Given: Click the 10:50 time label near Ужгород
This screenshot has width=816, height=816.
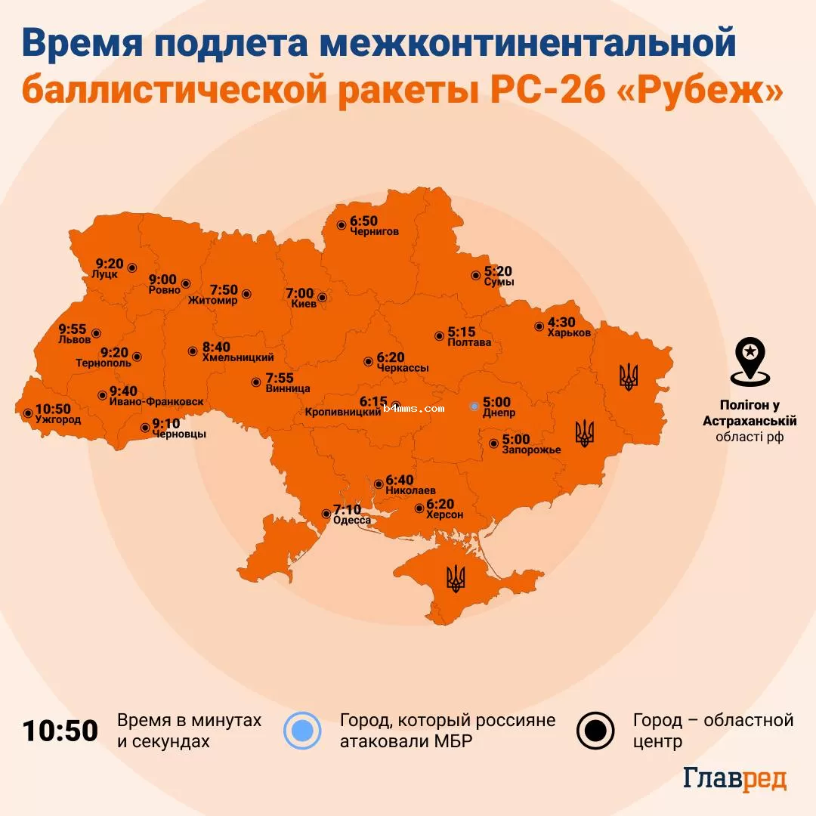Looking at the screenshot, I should (53, 408).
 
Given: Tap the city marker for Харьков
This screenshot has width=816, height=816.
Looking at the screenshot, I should (539, 326).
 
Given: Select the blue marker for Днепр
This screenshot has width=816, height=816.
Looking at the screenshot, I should (474, 406).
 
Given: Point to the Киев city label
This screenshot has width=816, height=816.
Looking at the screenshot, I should (304, 304).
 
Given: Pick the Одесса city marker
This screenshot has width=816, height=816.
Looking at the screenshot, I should (326, 512).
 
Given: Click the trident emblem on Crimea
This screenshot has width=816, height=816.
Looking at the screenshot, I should (456, 578).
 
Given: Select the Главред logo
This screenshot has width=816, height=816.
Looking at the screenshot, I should (734, 779).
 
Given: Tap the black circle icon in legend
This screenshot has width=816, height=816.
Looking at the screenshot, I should (596, 730).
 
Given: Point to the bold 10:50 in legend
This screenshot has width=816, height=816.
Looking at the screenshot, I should (60, 731).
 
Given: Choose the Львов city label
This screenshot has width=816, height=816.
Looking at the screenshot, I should (74, 340).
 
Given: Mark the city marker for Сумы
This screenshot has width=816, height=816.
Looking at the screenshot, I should (475, 276).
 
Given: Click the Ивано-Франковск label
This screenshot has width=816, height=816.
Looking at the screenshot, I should (156, 401).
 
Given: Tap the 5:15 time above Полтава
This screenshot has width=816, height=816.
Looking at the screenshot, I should (462, 332).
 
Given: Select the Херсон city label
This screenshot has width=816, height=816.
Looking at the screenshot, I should (444, 515).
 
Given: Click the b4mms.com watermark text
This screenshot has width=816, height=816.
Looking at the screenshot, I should (413, 408).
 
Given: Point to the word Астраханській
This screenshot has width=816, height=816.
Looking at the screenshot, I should (750, 421).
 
